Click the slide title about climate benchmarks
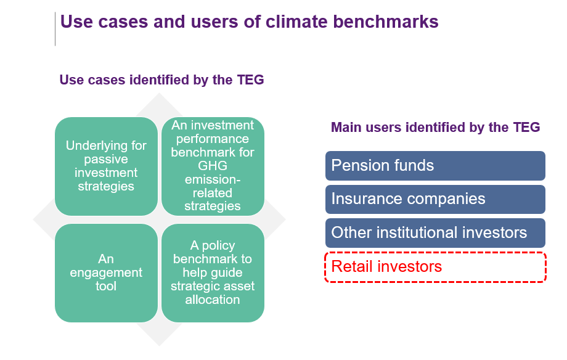pos(249,22)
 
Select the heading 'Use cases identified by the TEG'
pos(161,80)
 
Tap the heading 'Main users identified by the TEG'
pos(435,128)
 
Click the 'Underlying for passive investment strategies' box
pos(106,166)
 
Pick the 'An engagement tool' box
pos(106,273)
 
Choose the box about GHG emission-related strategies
pos(213,166)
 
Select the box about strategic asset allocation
pos(213,273)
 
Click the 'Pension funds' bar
pos(435,166)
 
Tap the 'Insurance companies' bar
pos(435,199)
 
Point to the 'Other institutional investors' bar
pos(435,232)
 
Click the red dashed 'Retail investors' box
pos(435,267)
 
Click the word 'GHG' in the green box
pos(213,166)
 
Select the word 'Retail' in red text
pos(351,267)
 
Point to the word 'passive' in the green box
pos(106,160)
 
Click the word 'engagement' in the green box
pos(106,272)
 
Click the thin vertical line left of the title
pos(55,28)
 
